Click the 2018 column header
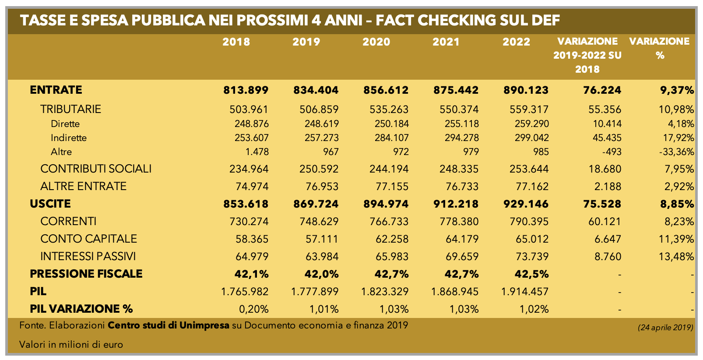(236, 42)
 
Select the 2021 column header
(446, 42)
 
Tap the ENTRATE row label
(56, 90)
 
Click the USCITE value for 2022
(525, 204)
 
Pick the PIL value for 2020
(385, 291)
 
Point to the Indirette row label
(69, 138)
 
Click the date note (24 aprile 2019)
(665, 328)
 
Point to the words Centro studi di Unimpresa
(169, 325)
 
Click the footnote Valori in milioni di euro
(71, 345)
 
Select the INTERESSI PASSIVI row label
(88, 256)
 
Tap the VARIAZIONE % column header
(660, 48)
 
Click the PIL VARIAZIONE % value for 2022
(534, 309)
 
